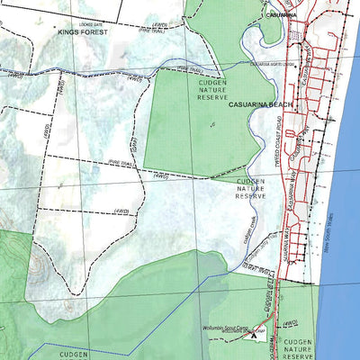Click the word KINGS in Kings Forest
[70, 31]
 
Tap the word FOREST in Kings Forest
[96, 31]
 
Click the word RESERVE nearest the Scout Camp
[297, 355]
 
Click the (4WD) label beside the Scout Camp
[289, 322]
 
